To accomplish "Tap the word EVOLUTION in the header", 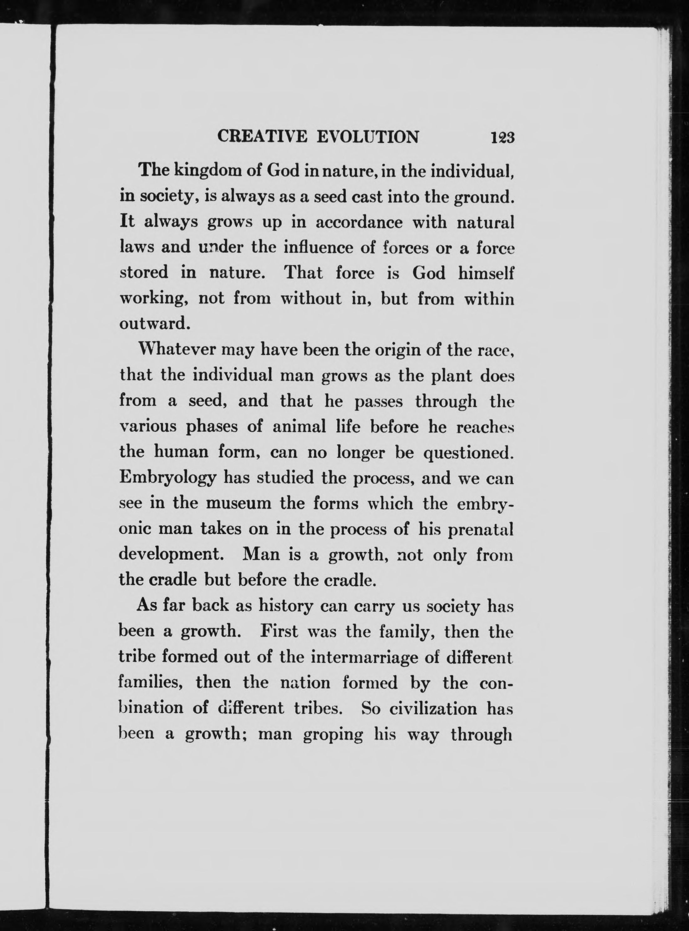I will click(367, 137).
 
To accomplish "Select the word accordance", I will click(359, 222).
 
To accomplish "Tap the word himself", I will click(486, 273).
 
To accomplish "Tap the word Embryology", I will click(168, 478).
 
